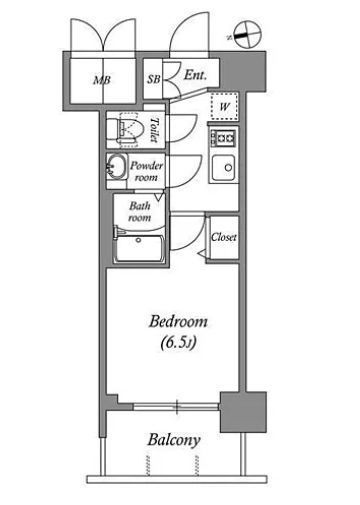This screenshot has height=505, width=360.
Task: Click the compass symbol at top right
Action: (247, 34)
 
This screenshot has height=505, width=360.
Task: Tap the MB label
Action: (102, 80)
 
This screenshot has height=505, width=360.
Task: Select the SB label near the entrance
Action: (154, 79)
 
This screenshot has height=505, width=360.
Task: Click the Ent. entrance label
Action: (195, 75)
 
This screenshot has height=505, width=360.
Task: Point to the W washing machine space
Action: (225, 107)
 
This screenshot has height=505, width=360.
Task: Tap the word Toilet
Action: (154, 130)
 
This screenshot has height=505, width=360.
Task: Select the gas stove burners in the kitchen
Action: (223, 138)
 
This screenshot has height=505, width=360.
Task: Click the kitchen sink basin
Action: (224, 167)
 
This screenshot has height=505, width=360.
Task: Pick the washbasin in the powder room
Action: (116, 167)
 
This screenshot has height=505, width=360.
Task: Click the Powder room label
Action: (147, 171)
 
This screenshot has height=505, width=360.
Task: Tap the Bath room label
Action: (140, 211)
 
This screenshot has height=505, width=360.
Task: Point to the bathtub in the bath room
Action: (139, 248)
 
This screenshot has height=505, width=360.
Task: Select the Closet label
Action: (224, 237)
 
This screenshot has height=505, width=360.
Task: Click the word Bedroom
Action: (178, 322)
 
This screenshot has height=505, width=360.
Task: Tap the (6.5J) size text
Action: (178, 342)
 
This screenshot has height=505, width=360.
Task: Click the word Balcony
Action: (174, 440)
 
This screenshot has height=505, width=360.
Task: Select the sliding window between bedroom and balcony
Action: (176, 407)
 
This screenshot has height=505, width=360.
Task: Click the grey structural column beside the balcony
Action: (243, 412)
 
